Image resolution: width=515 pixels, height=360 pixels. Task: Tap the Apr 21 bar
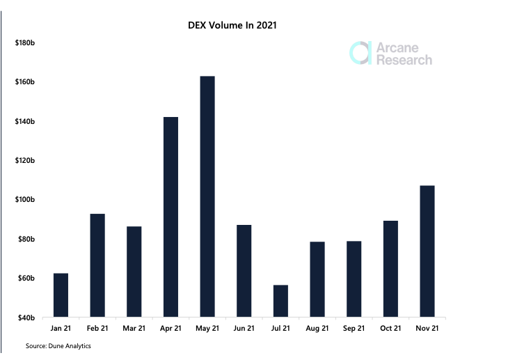pyautogui.click(x=171, y=217)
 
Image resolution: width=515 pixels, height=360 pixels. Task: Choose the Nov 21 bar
pyautogui.click(x=427, y=251)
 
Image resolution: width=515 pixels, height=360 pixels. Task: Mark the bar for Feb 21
pyautogui.click(x=97, y=265)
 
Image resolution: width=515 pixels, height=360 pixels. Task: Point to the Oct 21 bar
pyautogui.click(x=390, y=269)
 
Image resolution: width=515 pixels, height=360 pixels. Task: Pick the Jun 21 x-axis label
pyautogui.click(x=244, y=328)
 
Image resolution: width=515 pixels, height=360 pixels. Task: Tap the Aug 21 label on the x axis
pyautogui.click(x=317, y=328)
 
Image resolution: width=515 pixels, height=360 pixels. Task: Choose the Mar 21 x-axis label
pyautogui.click(x=134, y=328)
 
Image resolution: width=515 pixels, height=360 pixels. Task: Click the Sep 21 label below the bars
pyautogui.click(x=354, y=328)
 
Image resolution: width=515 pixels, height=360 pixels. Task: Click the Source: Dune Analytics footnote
pyautogui.click(x=58, y=346)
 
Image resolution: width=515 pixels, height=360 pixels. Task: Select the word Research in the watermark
pyautogui.click(x=404, y=60)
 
